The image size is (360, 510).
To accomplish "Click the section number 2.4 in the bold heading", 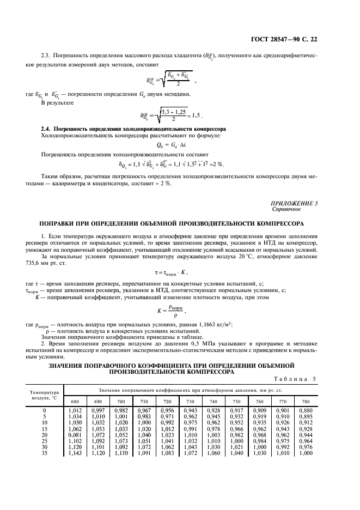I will tap(46, 128).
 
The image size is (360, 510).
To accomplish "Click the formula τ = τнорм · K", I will tap(180, 271).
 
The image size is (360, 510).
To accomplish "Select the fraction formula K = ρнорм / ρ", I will tap(180, 311).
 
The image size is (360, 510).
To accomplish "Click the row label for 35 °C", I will tap(44, 452).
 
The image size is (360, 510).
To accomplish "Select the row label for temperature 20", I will tap(44, 434).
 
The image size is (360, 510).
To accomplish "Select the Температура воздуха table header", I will tap(44, 394).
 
